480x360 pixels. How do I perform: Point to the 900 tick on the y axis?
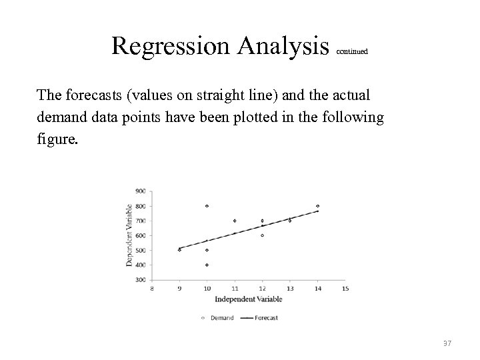coord(141,191)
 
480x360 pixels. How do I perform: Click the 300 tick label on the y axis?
coord(141,280)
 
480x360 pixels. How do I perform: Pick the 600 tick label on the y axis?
coord(141,235)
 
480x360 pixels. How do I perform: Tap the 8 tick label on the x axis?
coord(152,289)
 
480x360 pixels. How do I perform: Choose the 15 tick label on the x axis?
coord(345,289)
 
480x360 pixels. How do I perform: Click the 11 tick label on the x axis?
coord(235,289)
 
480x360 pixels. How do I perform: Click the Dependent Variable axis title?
coord(129,235)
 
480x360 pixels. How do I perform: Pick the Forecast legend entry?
coord(265,318)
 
